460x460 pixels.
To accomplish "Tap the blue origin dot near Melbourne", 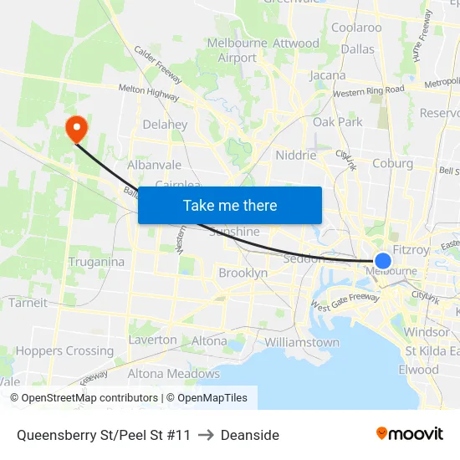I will [x=383, y=261].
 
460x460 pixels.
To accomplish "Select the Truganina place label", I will [x=97, y=262].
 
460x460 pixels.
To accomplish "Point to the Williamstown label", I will [x=302, y=342].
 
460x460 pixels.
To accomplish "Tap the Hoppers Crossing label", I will [x=64, y=351].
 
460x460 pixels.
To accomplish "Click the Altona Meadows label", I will [x=173, y=374].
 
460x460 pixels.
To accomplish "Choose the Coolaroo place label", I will [x=356, y=28].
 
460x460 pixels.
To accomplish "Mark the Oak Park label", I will [x=338, y=122].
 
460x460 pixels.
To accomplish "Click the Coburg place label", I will [x=393, y=163].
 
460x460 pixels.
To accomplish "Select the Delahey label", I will [x=165, y=125].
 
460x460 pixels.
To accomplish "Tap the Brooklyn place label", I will [x=243, y=273].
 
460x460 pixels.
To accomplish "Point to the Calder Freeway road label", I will [x=158, y=64].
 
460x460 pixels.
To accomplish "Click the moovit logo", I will [x=410, y=433].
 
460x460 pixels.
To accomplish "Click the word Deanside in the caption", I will [x=250, y=435].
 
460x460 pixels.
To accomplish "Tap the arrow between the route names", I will [x=206, y=435].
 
